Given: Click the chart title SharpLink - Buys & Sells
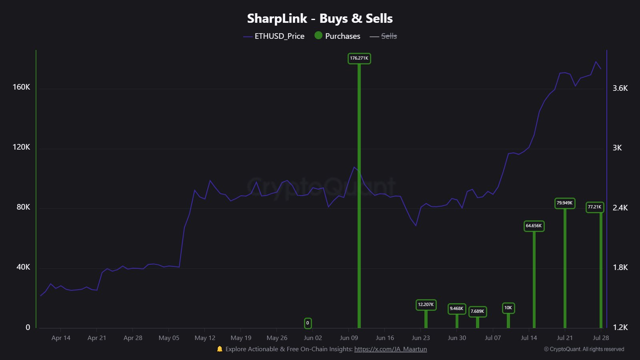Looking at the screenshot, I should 320,18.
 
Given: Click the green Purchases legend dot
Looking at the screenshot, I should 318,36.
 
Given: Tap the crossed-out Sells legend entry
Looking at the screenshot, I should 388,36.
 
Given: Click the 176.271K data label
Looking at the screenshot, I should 359,58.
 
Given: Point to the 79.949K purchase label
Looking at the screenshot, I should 564,203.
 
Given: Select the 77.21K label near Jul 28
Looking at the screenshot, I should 594,207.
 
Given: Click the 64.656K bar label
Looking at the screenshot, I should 534,226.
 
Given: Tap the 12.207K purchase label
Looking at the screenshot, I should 426,305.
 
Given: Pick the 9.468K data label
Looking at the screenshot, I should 456,309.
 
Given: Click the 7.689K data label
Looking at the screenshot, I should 477,311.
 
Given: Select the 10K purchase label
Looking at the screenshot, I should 508,308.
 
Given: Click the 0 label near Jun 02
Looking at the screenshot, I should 308,323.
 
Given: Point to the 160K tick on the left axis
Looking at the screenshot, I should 21,87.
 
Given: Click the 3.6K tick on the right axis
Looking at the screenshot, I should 620,88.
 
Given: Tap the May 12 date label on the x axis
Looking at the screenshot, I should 205,338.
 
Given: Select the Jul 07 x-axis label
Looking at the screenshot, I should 492,338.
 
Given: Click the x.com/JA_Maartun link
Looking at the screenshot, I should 390,349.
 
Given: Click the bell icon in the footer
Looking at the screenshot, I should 220,349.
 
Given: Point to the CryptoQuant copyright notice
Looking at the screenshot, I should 584,349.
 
